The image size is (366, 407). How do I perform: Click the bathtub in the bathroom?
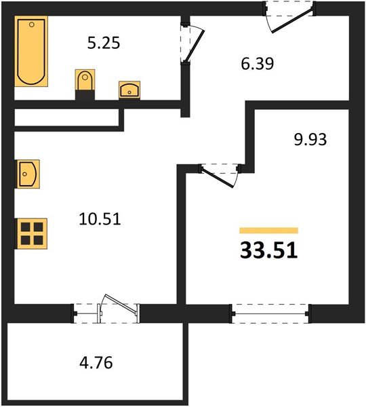click(x=30, y=52)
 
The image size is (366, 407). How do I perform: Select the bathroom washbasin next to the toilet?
click(x=129, y=89)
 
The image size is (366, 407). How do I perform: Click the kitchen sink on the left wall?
click(x=28, y=173)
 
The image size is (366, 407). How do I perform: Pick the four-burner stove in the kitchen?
click(x=31, y=233)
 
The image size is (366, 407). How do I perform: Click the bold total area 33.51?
click(x=269, y=250)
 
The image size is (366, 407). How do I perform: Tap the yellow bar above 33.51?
click(x=269, y=231)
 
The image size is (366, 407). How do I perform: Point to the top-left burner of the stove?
click(x=25, y=227)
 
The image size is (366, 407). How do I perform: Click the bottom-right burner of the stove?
click(x=37, y=239)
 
